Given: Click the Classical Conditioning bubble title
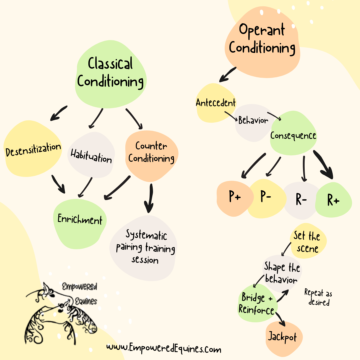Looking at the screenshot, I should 111,73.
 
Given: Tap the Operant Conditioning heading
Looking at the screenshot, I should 262,39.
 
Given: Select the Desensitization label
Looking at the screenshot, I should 34,150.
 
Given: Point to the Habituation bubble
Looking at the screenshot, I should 91,155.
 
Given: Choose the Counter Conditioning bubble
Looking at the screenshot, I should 151,152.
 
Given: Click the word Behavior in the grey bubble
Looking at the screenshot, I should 253,120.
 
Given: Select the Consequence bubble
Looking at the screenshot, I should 293,136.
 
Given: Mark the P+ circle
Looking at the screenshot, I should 235,197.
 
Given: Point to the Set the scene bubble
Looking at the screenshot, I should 307,242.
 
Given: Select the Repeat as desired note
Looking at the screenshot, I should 318,297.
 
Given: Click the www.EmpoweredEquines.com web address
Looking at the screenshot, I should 164,349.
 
